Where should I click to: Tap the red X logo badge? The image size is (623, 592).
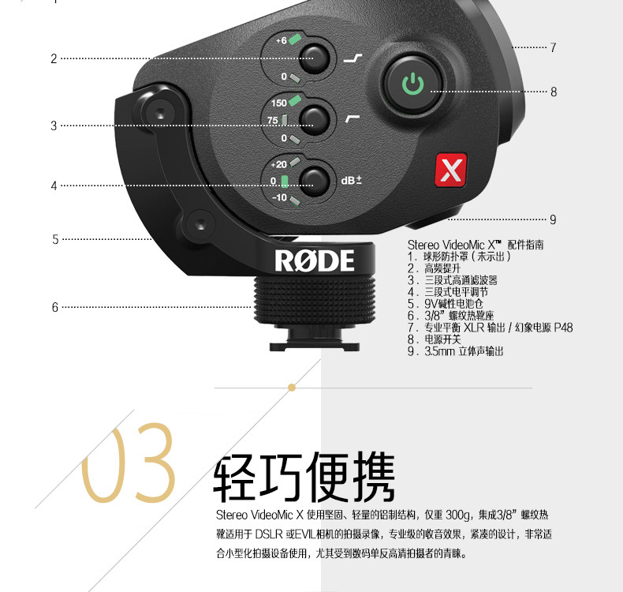450,170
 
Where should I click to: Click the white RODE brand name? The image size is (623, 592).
315,260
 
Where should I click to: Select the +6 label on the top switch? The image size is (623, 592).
280,41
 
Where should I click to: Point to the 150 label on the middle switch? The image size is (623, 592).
279,103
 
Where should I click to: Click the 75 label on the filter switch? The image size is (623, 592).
273,120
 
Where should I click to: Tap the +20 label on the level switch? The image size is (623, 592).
278,165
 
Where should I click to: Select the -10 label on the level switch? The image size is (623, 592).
279,197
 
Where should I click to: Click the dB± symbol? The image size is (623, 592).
351,180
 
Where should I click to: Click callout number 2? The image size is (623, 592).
54,58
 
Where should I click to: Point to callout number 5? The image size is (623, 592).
55,239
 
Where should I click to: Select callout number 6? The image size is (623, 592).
55,307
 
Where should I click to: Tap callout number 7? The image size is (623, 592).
553,48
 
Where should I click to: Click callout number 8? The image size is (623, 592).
554,92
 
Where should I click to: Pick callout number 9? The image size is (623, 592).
553,219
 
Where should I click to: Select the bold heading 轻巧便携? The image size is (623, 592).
304,478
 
